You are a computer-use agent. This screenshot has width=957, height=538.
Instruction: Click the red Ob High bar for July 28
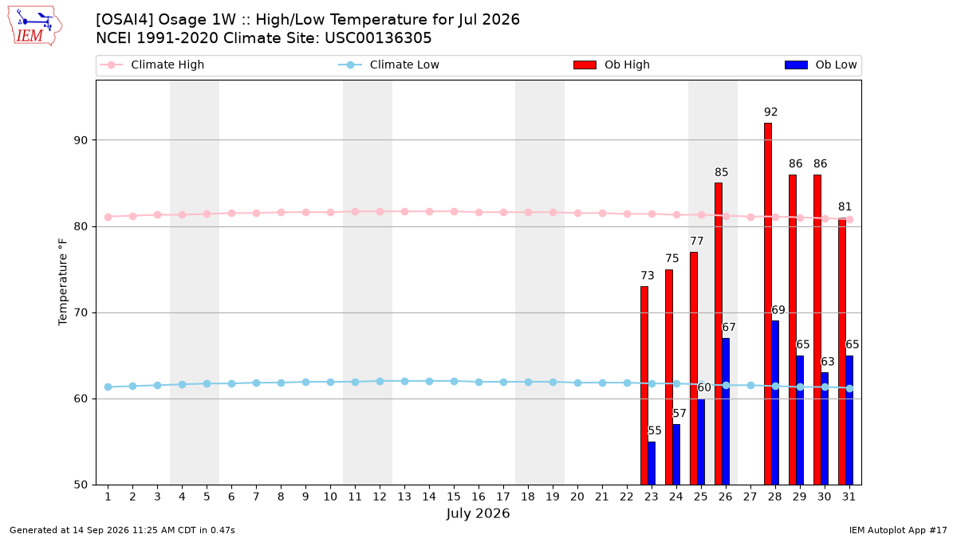coord(768,304)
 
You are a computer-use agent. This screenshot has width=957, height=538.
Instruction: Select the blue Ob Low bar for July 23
coord(652,463)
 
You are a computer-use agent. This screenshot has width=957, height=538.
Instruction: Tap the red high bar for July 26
coord(719,334)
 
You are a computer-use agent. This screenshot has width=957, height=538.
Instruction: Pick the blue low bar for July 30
coord(825,429)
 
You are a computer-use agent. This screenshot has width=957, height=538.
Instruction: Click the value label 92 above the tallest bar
coord(770,112)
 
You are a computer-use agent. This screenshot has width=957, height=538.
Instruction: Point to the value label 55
coord(655,430)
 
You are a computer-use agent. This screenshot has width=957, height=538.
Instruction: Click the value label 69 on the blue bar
coord(778,310)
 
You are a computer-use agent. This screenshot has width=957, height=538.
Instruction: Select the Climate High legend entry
coord(152,65)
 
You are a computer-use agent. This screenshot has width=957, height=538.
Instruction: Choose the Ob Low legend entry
coord(821,65)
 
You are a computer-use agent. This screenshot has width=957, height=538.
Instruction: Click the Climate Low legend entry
coord(389,65)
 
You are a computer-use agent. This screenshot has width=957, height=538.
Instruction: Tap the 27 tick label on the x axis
coord(750,497)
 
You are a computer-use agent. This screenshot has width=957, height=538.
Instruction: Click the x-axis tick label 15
coord(454,497)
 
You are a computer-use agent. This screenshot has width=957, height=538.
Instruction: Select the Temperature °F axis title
coord(63,282)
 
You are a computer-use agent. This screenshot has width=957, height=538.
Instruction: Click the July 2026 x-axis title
coord(478,513)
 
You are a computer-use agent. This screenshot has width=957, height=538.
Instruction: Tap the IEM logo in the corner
coord(35,26)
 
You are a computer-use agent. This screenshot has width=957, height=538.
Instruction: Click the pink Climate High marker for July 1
coord(108,217)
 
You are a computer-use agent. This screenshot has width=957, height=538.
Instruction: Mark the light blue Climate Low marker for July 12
coord(380,381)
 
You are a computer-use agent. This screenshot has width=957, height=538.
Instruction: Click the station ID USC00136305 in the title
coord(378,38)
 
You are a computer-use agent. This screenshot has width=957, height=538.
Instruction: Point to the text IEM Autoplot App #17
coord(898,530)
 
